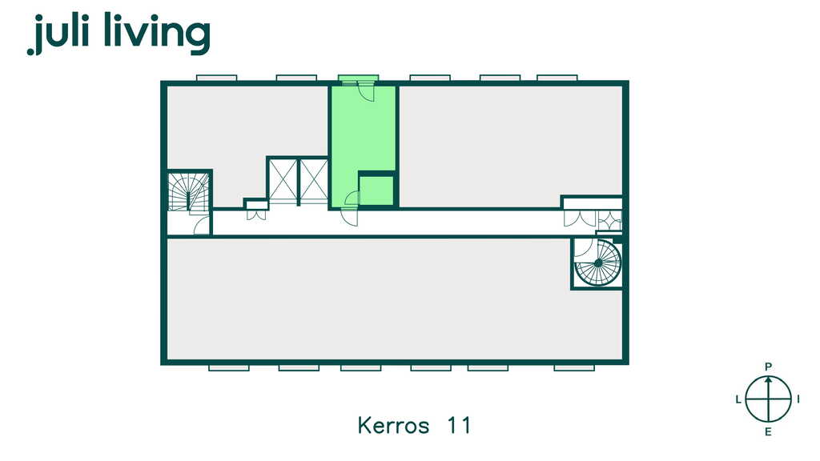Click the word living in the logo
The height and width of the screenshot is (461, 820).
click(x=157, y=34)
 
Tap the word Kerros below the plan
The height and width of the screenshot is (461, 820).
click(x=393, y=425)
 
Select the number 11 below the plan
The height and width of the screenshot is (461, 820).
click(x=459, y=425)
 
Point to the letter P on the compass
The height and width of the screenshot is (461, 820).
click(x=768, y=367)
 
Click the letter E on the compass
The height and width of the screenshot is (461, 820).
click(x=768, y=431)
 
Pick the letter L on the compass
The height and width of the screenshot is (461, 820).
click(x=738, y=400)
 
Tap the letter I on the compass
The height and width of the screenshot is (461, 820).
click(x=798, y=400)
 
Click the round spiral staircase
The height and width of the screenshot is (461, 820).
click(x=597, y=263)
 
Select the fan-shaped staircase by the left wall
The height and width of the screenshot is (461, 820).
click(x=189, y=192)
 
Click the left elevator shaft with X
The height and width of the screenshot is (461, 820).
click(x=283, y=181)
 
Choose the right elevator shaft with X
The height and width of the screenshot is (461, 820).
click(x=314, y=181)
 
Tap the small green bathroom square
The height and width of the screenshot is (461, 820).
click(x=376, y=190)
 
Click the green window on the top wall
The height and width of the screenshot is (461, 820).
click(x=358, y=78)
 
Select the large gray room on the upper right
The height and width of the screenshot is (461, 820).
click(x=510, y=146)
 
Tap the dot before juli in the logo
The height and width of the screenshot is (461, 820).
click(x=30, y=51)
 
